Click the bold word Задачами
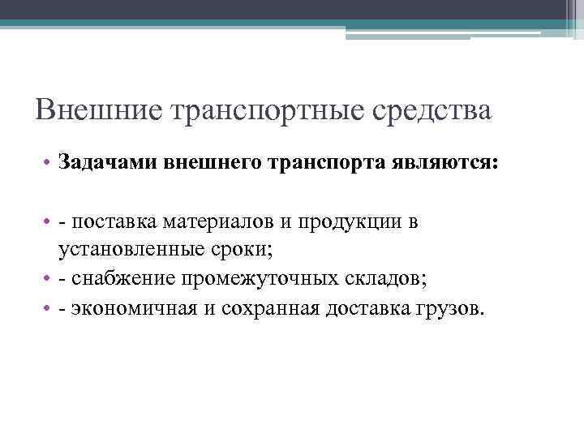(x=107, y=164)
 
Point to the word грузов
(x=457, y=307)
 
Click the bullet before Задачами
(x=49, y=164)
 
